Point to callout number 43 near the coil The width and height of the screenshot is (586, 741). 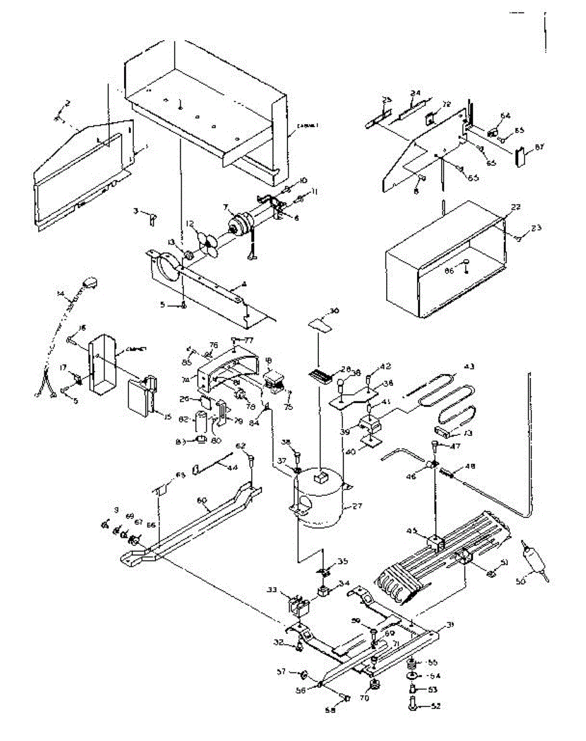pyautogui.click(x=469, y=367)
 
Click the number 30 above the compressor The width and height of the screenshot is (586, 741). pyautogui.click(x=335, y=311)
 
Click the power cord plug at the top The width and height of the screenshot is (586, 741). pyautogui.click(x=92, y=283)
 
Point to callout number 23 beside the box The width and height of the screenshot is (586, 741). pyautogui.click(x=536, y=228)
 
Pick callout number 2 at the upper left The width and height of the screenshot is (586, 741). pyautogui.click(x=68, y=102)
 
